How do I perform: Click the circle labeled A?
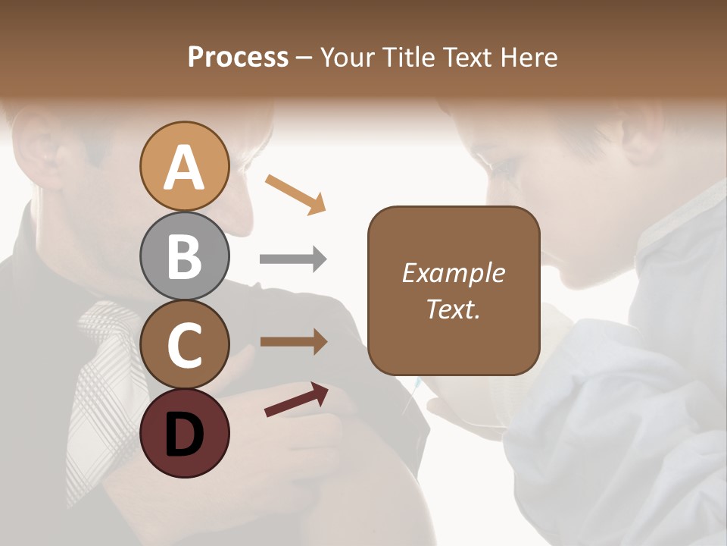(185, 167)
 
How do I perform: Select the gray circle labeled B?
(185, 256)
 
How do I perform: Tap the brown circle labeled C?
(185, 344)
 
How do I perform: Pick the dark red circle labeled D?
(185, 433)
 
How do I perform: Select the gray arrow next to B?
(293, 259)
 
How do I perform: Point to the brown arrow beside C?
(293, 342)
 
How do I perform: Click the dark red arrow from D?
(296, 400)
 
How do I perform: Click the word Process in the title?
(238, 57)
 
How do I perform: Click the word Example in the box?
(453, 273)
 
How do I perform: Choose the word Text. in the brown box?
(453, 309)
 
